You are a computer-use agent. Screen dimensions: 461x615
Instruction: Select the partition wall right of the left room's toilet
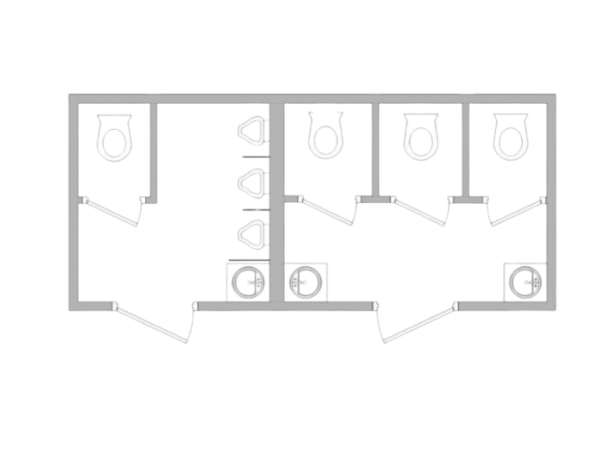pos(154,151)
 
